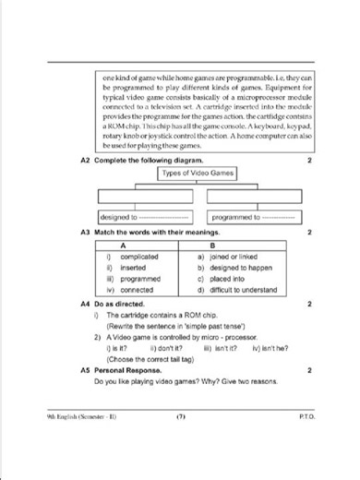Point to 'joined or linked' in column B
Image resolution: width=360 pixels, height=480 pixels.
coord(237,257)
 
